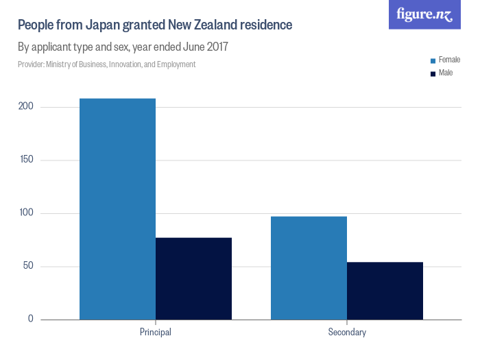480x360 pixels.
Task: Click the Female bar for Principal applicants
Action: pos(117,209)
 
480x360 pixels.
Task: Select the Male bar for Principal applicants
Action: pos(193,278)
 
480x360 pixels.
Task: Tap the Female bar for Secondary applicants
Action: pos(309,268)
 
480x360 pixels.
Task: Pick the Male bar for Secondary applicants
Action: pos(385,291)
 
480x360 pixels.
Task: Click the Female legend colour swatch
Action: pos(433,60)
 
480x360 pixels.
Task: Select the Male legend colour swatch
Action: pos(433,73)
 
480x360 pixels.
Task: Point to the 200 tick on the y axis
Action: pos(26,107)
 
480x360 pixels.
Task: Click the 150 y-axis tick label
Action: pos(26,160)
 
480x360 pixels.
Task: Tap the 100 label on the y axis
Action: pos(26,213)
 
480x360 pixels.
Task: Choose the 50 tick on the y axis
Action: pos(28,267)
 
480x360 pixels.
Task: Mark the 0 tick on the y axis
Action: pos(31,320)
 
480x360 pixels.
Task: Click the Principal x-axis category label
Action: pos(155,333)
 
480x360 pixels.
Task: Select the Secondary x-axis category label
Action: pos(347,333)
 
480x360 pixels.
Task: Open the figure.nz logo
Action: pos(424,14)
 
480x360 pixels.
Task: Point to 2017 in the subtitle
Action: pos(217,47)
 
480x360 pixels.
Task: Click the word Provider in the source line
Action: pos(31,64)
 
